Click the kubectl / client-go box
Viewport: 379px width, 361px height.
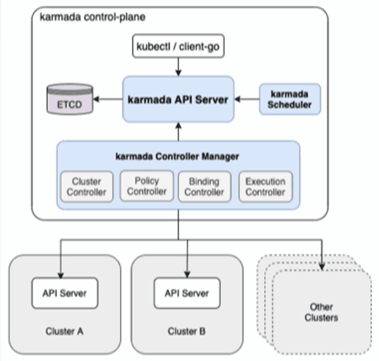[178, 46]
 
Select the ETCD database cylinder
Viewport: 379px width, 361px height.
[70, 99]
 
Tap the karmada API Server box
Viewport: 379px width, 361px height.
[178, 100]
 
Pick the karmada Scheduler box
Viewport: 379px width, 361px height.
[290, 100]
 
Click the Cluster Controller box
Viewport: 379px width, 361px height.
[87, 186]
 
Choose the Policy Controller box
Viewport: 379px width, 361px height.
[146, 186]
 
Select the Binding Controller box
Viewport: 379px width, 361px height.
[205, 186]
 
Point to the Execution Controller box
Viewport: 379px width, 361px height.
[266, 186]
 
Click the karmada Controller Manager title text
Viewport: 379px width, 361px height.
[177, 157]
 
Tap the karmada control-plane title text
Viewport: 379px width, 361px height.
[93, 17]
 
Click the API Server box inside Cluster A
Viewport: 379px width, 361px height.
[65, 293]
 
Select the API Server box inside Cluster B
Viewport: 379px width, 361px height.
[187, 293]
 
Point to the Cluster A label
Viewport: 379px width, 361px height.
[64, 331]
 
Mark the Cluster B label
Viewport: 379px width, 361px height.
[187, 331]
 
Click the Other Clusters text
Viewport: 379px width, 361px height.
[321, 313]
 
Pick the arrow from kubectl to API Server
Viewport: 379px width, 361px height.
[178, 67]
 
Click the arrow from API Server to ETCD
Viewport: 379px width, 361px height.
[108, 99]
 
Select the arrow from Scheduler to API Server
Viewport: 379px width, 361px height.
[246, 99]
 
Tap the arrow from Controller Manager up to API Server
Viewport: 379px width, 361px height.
[178, 131]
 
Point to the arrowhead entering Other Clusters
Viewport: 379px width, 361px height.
[322, 266]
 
